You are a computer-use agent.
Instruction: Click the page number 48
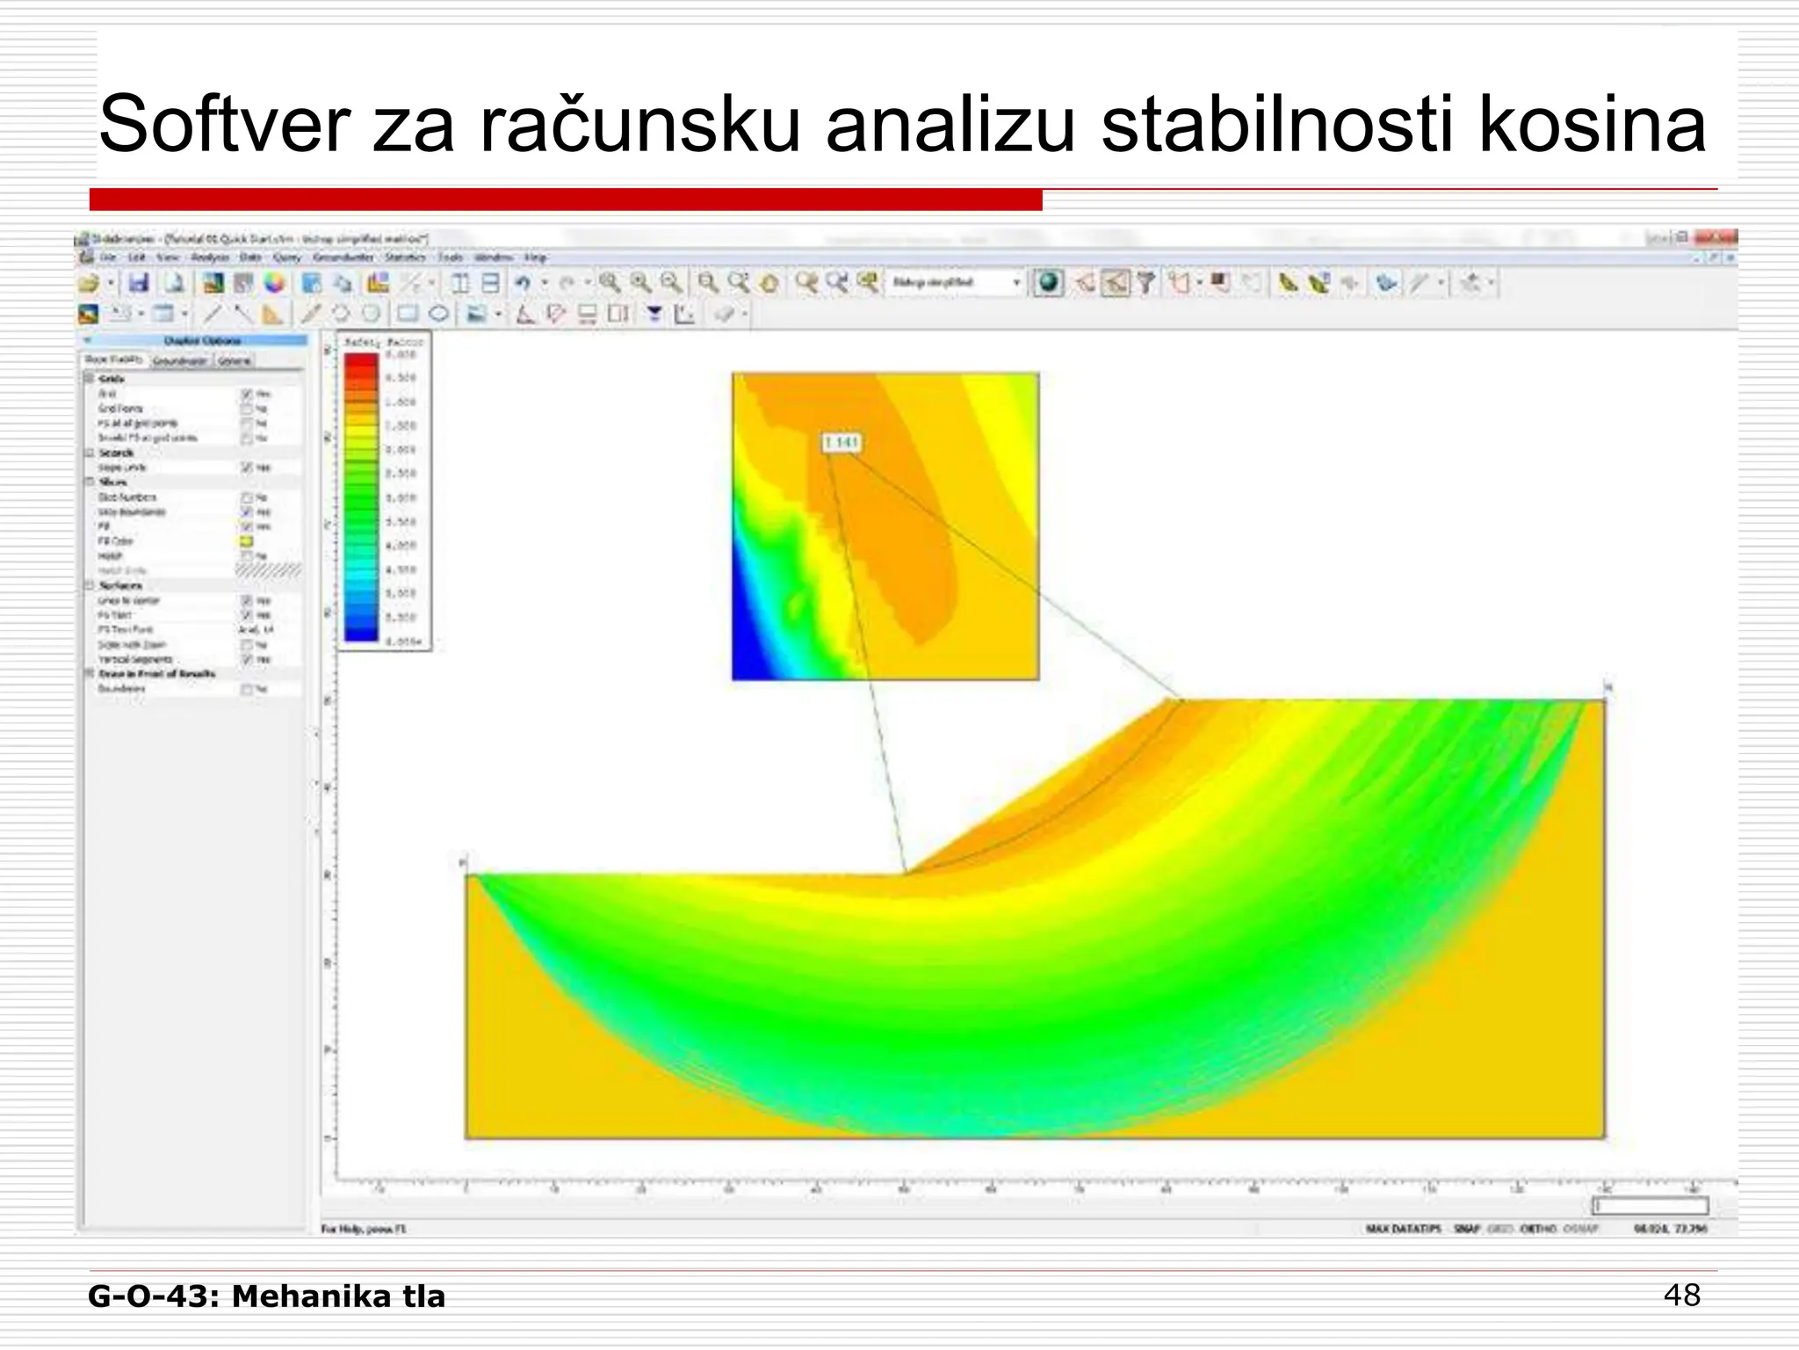pos(1681,1296)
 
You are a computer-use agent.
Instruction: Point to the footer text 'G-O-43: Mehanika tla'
pos(267,1296)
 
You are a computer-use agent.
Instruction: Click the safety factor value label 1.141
pos(842,443)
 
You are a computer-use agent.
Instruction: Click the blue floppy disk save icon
pos(139,283)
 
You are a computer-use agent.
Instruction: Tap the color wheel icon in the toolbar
pos(275,283)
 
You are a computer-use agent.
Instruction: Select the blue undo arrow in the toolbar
pos(523,283)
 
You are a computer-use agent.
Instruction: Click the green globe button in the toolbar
pos(1048,283)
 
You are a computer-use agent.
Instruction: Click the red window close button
pos(1722,237)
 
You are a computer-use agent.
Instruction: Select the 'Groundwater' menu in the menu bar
pos(343,258)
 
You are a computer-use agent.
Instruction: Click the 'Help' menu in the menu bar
pos(535,258)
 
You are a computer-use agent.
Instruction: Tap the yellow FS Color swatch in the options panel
pos(247,541)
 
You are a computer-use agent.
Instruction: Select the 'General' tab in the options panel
pos(235,360)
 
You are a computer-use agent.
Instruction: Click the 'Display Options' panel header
pos(202,340)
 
